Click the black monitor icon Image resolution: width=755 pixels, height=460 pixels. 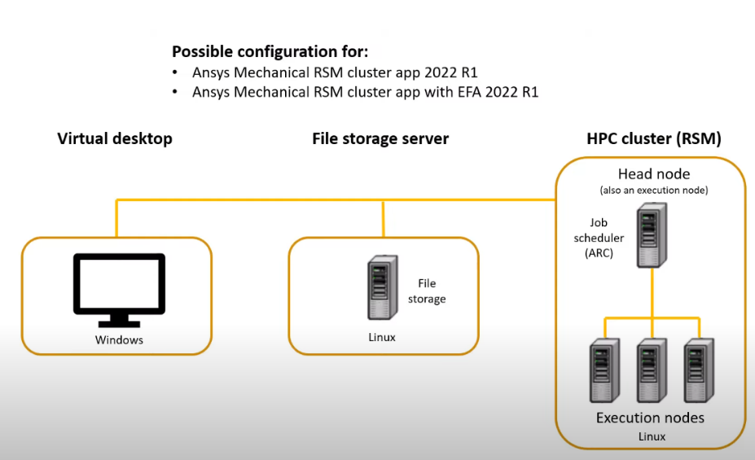click(x=119, y=290)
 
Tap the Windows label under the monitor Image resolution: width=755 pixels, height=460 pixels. click(x=119, y=340)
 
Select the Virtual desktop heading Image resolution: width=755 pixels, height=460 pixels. click(x=115, y=138)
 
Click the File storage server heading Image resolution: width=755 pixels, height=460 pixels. click(x=380, y=138)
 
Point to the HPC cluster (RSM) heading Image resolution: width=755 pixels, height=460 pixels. click(x=654, y=138)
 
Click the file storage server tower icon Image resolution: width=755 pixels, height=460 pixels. click(x=383, y=287)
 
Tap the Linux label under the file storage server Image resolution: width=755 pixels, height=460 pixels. click(x=382, y=337)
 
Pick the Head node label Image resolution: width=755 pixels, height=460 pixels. click(x=654, y=173)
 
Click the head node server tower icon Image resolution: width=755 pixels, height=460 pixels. click(x=652, y=234)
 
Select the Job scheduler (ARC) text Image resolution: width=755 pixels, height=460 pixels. click(x=599, y=238)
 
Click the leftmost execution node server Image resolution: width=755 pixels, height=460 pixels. click(x=605, y=370)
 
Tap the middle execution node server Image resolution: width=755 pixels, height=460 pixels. click(x=652, y=370)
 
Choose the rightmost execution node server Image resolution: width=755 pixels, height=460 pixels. click(x=699, y=370)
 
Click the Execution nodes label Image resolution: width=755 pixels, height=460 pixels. click(x=650, y=418)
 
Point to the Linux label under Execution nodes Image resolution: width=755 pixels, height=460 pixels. click(x=652, y=436)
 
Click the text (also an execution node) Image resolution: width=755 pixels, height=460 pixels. click(x=654, y=191)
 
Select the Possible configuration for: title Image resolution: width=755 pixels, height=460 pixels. click(x=270, y=51)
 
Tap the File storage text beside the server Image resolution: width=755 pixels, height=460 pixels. click(x=427, y=291)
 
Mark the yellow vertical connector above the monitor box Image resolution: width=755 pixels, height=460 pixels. click(x=116, y=218)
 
